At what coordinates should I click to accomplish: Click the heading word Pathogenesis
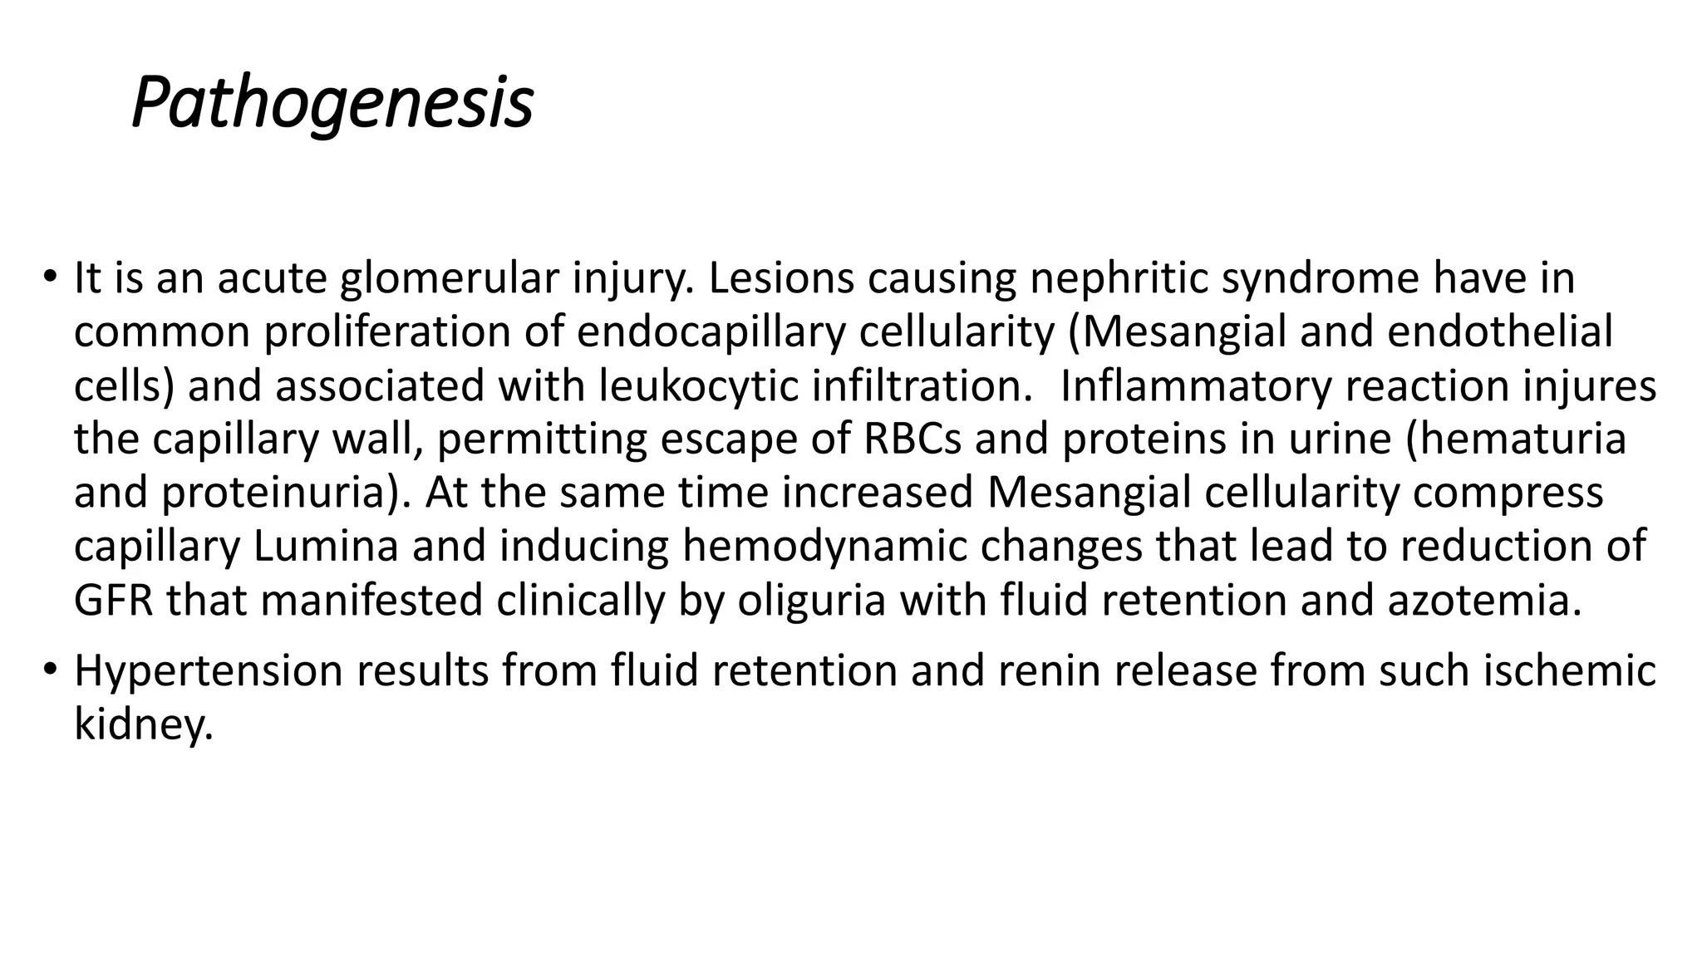(x=332, y=104)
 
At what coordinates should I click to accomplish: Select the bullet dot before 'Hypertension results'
(x=51, y=668)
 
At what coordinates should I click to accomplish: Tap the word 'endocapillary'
(x=711, y=332)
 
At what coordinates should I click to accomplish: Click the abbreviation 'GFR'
(x=113, y=601)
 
